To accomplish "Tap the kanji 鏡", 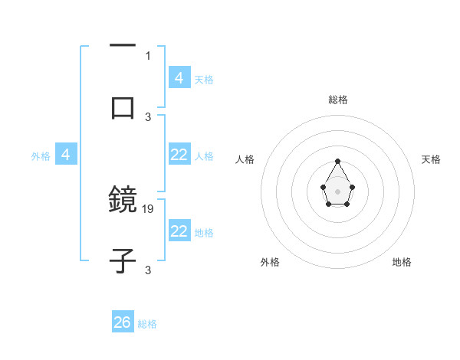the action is pyautogui.click(x=123, y=201).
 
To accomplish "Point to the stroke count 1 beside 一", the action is pyautogui.click(x=148, y=55).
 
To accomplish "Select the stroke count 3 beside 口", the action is pyautogui.click(x=148, y=116).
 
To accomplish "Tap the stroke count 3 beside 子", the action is pyautogui.click(x=148, y=270).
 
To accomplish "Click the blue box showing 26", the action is pyautogui.click(x=123, y=322).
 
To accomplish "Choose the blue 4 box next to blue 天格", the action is pyautogui.click(x=179, y=77).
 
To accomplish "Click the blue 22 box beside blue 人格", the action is pyautogui.click(x=179, y=155).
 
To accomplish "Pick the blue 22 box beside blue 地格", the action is pyautogui.click(x=179, y=231).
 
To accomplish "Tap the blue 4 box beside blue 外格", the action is pyautogui.click(x=66, y=155).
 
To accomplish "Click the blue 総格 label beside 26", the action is pyautogui.click(x=147, y=324).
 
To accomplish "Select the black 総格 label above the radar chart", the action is pyautogui.click(x=337, y=100).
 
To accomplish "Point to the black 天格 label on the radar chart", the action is pyautogui.click(x=431, y=159).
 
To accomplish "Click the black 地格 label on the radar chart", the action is pyautogui.click(x=402, y=262).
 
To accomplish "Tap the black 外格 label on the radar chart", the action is pyautogui.click(x=270, y=262).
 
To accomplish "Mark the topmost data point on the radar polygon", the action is pyautogui.click(x=337, y=161).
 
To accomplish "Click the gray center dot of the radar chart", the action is pyautogui.click(x=337, y=191).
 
